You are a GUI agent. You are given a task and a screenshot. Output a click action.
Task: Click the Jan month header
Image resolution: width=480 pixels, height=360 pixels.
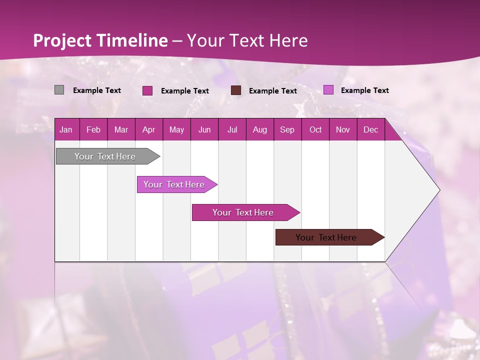66,129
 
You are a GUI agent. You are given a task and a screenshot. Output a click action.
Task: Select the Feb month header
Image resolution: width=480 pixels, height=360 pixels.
93,129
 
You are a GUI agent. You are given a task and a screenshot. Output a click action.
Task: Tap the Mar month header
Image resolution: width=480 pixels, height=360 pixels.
121,129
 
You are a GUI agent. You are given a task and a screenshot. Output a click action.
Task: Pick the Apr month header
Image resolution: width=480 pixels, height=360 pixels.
149,129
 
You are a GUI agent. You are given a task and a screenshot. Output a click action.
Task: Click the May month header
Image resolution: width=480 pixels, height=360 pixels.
176,129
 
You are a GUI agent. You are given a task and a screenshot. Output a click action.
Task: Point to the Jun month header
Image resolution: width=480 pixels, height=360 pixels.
204,129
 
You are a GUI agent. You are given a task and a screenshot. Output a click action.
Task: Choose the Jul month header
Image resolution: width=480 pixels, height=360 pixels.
232,129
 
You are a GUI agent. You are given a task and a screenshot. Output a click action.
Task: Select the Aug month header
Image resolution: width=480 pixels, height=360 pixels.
260,129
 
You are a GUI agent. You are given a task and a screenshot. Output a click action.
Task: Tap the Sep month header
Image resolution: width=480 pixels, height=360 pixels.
287,129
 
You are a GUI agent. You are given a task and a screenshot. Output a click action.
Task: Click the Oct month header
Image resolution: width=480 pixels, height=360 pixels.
315,129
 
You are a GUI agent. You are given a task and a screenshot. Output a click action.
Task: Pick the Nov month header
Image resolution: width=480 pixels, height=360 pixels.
343,129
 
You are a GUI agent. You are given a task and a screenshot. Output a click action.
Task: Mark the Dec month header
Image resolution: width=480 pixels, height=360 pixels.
371,129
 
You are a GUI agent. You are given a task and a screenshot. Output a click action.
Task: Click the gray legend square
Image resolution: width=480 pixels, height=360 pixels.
59,90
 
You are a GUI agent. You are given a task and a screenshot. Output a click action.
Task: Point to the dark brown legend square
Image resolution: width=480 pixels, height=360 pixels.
236,90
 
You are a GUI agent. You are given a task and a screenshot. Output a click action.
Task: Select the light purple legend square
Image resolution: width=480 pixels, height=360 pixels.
328,90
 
